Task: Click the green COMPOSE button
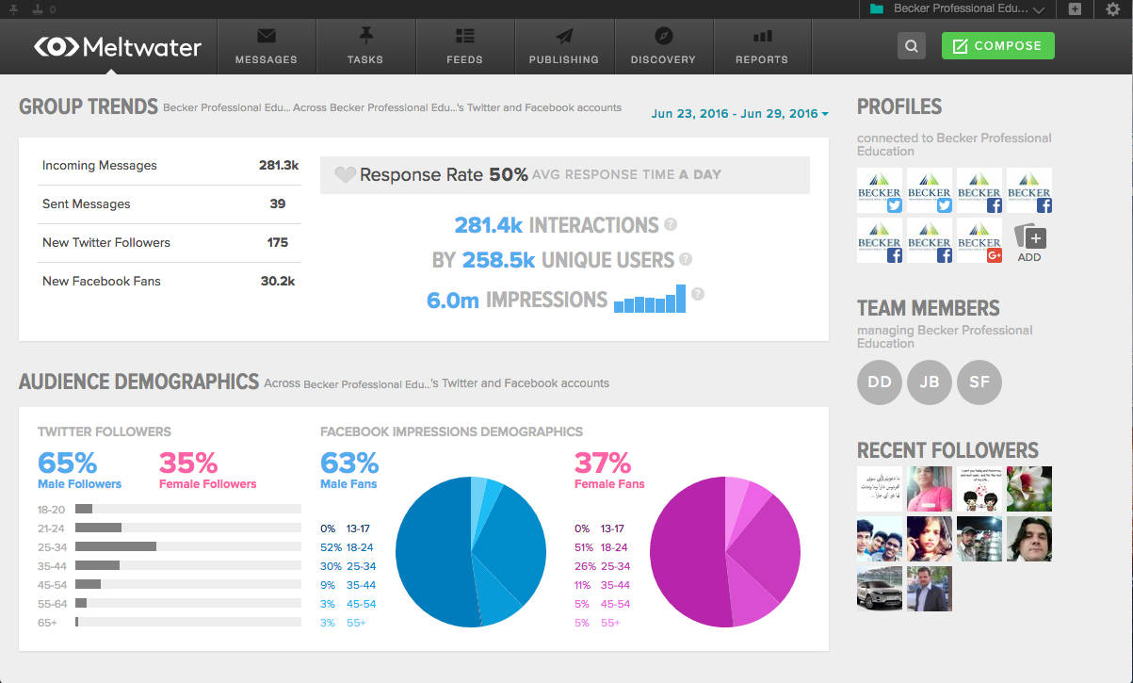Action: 997,45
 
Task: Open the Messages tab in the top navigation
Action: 266,46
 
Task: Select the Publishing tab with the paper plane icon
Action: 563,46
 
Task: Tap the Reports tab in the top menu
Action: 761,46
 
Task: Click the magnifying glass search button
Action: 911,45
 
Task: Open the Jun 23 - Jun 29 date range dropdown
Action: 739,114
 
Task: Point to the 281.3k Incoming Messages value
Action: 279,165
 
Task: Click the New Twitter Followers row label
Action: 106,242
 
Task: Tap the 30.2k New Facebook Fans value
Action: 278,281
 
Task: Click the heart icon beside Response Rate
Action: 346,174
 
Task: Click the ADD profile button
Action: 1029,241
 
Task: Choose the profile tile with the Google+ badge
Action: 979,240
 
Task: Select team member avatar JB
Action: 929,382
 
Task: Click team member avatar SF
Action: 979,382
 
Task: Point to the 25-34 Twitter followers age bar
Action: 116,545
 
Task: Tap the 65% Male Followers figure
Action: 68,463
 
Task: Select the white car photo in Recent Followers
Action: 880,589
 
